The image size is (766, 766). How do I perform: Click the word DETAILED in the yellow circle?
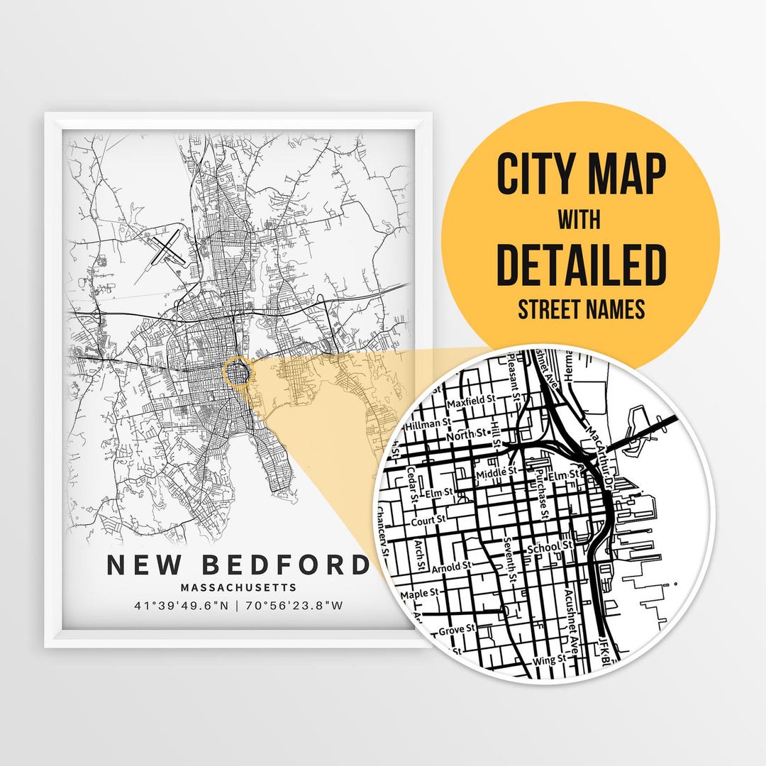coord(581,264)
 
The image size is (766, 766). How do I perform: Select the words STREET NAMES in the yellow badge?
coord(581,309)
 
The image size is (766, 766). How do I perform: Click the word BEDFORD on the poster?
coord(286,565)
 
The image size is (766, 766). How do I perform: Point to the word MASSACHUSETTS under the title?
coord(238,587)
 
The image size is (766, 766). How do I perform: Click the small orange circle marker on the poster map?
coord(238,371)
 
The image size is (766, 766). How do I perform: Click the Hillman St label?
coord(428,425)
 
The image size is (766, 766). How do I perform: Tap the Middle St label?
coord(497,472)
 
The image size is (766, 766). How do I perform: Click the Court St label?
coord(428,520)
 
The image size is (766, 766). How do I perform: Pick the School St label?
coord(549,546)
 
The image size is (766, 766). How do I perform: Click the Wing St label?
coord(549,658)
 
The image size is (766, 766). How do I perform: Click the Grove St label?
coord(456,630)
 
